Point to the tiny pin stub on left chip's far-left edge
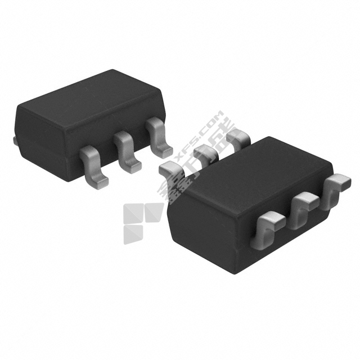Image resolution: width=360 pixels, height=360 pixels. (x=15, y=138)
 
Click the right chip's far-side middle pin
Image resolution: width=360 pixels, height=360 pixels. (x=205, y=152)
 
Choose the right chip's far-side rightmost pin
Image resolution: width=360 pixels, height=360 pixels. (x=238, y=136)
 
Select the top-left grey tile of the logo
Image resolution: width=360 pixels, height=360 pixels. (x=133, y=213)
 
